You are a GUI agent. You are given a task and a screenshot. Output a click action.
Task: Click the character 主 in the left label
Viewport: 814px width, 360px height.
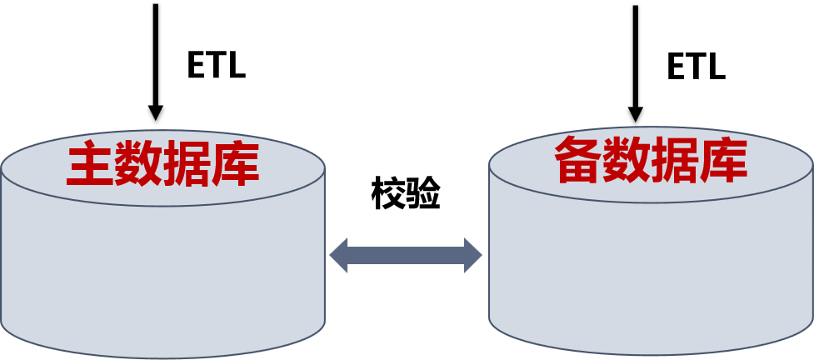click(91, 164)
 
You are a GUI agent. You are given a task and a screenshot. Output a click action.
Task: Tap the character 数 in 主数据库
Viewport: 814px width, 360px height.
click(139, 164)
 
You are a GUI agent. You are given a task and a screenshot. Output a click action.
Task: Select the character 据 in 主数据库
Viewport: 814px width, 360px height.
click(187, 164)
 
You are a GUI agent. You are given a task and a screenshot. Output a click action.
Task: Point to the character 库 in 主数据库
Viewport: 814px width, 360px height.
click(236, 164)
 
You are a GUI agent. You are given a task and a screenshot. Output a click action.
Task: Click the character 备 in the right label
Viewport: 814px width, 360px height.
click(578, 160)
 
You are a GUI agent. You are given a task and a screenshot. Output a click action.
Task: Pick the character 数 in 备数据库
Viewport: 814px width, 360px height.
click(627, 160)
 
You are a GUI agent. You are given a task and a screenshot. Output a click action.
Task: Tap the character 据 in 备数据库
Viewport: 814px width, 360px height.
click(675, 160)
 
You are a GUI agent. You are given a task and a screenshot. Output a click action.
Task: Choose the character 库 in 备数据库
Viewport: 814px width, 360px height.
click(723, 160)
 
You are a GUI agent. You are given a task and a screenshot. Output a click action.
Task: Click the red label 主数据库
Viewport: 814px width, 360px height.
click(163, 164)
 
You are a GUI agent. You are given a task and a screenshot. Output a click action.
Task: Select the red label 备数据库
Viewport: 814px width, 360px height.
click(651, 160)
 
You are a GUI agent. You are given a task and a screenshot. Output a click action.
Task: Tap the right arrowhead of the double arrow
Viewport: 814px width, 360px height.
click(473, 255)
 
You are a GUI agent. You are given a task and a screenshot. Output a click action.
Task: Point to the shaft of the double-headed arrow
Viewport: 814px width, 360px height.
click(406, 255)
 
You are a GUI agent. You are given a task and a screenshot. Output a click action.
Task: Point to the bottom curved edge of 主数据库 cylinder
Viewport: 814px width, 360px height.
click(162, 357)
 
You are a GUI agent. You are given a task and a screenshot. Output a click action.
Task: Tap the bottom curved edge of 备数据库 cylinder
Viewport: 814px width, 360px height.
click(651, 354)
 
